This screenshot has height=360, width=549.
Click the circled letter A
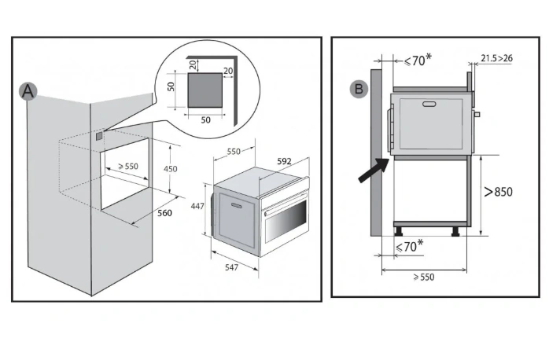(x=28, y=92)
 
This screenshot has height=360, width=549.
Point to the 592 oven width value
(x=285, y=162)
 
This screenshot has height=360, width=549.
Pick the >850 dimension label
(x=499, y=191)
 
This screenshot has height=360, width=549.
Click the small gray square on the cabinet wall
(x=98, y=136)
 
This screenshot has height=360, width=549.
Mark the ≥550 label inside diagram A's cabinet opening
(x=127, y=167)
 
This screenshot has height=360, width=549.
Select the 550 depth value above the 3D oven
(x=233, y=151)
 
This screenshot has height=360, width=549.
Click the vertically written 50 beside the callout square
(x=171, y=87)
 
